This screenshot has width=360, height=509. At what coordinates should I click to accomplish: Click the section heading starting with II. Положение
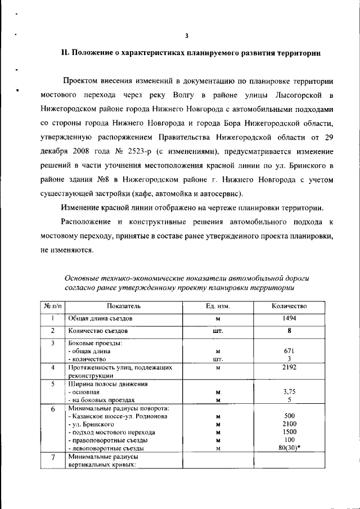pyautogui.click(x=191, y=53)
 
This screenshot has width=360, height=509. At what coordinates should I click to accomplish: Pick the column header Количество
pyautogui.click(x=289, y=306)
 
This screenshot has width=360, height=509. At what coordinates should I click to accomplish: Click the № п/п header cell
pyautogui.click(x=52, y=306)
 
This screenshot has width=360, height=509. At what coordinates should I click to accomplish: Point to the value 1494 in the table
pyautogui.click(x=289, y=318)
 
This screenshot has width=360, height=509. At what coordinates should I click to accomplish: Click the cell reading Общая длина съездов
pyautogui.click(x=100, y=318)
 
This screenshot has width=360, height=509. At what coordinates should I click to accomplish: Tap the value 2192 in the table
pyautogui.click(x=289, y=367)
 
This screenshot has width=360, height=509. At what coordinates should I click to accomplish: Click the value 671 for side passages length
pyautogui.click(x=289, y=351)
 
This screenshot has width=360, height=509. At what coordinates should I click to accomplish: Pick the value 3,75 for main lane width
pyautogui.click(x=289, y=392)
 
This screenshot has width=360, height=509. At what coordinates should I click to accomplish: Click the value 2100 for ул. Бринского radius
pyautogui.click(x=289, y=424)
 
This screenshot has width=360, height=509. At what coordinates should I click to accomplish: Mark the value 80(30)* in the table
pyautogui.click(x=289, y=448)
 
